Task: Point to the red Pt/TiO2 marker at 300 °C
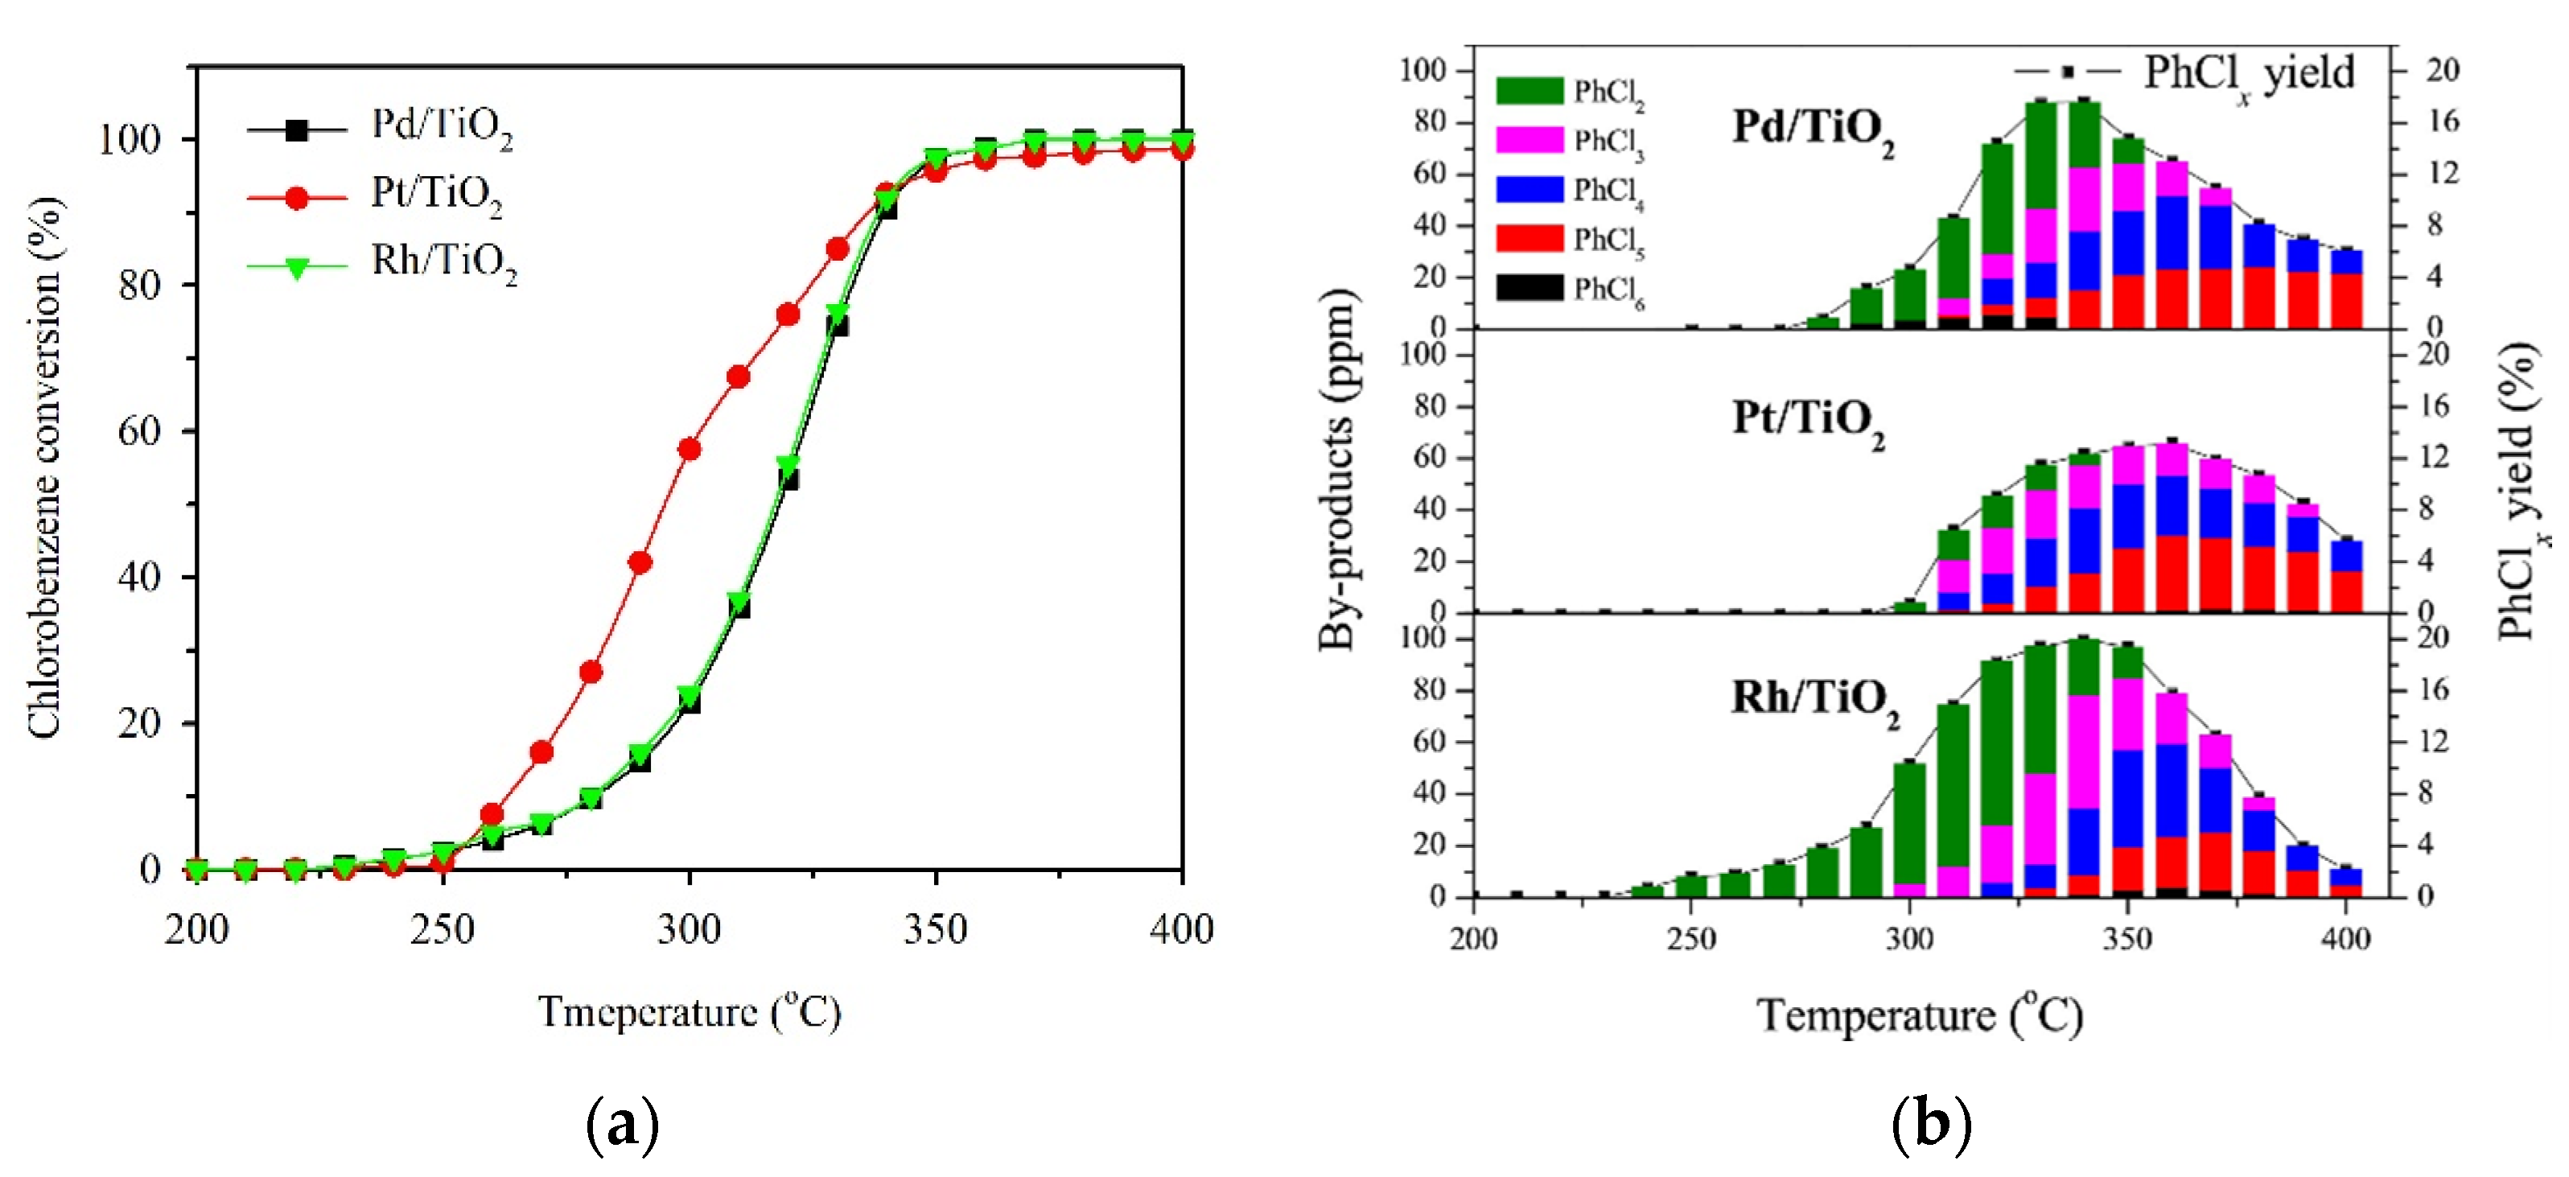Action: [x=690, y=450]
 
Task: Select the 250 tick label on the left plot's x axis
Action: [x=443, y=931]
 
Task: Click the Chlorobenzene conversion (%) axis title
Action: [x=44, y=469]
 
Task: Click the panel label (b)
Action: [x=1932, y=1124]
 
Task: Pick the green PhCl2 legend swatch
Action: [x=1529, y=91]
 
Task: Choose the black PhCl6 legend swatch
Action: [x=1529, y=288]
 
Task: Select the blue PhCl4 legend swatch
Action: [x=1529, y=190]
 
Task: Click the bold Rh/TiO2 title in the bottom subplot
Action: [x=1814, y=699]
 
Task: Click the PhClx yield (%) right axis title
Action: [x=2519, y=489]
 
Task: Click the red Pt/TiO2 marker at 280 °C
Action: [x=591, y=673]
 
